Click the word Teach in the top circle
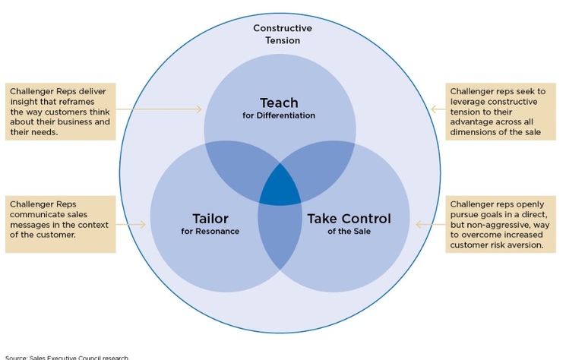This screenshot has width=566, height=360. (279, 103)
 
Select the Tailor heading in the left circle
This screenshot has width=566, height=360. (210, 219)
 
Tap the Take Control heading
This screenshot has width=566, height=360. (349, 219)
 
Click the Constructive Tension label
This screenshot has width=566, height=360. (282, 34)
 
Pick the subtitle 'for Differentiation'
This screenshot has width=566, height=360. (279, 116)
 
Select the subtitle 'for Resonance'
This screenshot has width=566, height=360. (210, 231)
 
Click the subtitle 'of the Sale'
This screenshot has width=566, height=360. (349, 231)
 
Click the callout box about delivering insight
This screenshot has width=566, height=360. (61, 111)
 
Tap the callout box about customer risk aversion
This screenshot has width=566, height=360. (502, 224)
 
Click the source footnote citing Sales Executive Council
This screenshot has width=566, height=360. (68, 356)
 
